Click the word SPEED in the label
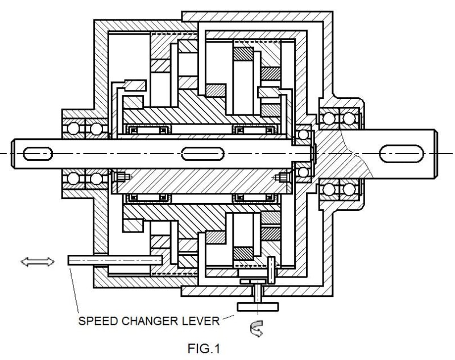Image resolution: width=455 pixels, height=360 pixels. (x=95, y=321)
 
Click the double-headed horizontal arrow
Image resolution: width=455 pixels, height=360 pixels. (x=38, y=261)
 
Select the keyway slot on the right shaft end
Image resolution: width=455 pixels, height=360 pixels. (x=402, y=153)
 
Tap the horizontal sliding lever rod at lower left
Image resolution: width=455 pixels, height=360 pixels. (x=114, y=260)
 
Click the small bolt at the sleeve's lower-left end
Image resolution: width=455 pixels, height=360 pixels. (x=121, y=177)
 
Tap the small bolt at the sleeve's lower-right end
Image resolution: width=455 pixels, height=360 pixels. (x=282, y=177)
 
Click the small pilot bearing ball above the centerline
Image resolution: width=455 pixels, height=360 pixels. (x=303, y=135)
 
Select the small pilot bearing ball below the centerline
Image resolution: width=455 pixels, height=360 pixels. (x=303, y=171)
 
